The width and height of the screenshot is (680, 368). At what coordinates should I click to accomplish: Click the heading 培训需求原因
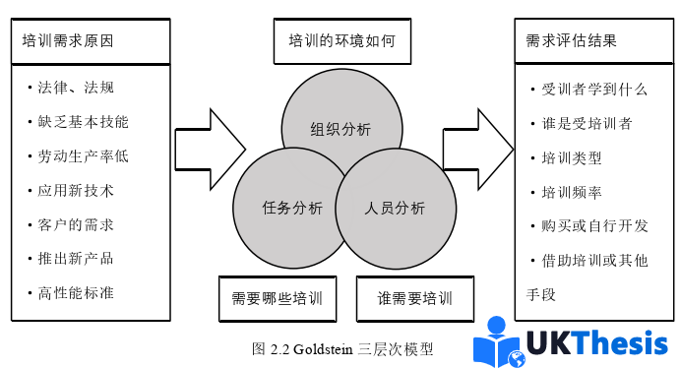tap(69, 41)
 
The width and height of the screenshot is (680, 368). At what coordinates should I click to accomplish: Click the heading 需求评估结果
tap(572, 41)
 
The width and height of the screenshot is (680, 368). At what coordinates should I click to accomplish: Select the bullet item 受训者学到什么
tap(589, 89)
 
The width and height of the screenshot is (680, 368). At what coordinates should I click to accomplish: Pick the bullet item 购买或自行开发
tap(589, 225)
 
